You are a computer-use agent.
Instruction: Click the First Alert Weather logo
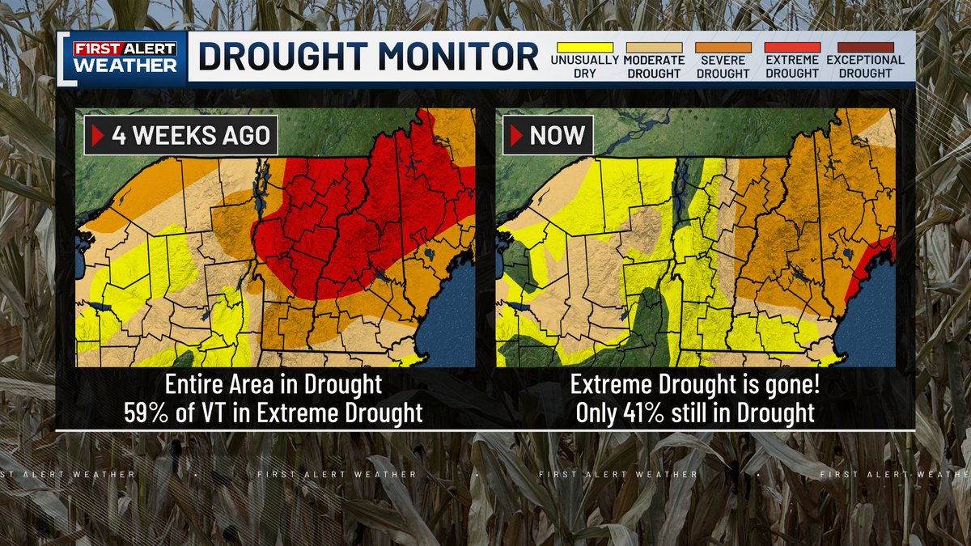pos(125,57)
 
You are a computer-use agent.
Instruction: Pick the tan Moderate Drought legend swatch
pos(653,48)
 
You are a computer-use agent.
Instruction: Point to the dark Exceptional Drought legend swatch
pos(865,48)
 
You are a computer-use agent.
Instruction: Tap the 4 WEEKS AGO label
pos(191,135)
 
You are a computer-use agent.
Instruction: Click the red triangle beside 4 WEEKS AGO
pos(98,135)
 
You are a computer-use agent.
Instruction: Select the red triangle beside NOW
pos(516,135)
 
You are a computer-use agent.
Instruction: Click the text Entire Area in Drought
pos(273,384)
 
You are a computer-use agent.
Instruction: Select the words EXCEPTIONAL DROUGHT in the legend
pos(865,66)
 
